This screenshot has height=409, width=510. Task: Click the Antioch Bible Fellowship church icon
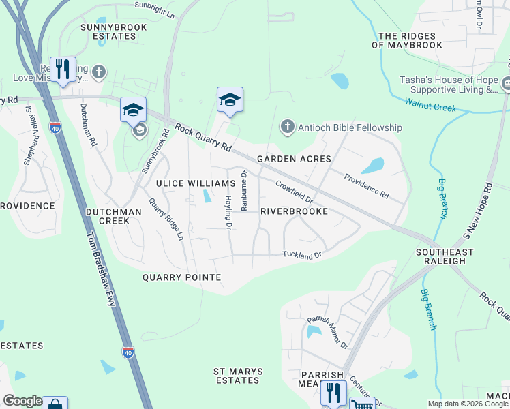coord(287,127)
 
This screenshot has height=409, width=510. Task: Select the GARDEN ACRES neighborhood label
coord(294,159)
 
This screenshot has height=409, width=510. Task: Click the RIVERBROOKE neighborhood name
coord(294,211)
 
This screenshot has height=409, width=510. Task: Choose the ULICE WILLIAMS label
coord(196,183)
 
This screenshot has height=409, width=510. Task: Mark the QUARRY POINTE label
coord(181,277)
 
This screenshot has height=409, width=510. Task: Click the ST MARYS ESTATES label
coord(237,376)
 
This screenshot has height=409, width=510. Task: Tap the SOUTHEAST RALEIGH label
coord(445,256)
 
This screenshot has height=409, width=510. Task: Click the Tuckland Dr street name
coord(301,255)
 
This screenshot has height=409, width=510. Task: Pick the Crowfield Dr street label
coord(294,192)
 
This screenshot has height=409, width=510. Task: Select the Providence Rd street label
coord(366,185)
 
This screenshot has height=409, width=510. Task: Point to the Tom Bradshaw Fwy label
coord(102,265)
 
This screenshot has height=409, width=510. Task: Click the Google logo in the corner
coord(22,401)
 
